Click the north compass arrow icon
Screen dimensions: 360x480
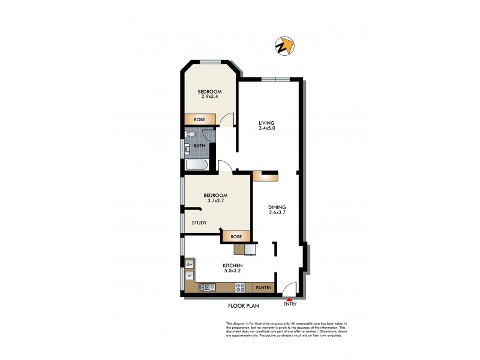click(x=285, y=46)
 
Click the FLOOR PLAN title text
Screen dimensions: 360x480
click(x=243, y=305)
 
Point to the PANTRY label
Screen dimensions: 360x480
click(x=263, y=288)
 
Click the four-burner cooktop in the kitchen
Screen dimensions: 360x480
click(x=241, y=288)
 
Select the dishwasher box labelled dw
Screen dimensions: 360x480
click(x=189, y=264)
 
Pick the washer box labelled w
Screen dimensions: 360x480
click(x=189, y=276)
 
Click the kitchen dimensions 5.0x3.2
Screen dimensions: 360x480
click(x=232, y=271)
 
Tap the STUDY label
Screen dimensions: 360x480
click(x=199, y=223)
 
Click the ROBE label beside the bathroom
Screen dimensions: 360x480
click(x=200, y=119)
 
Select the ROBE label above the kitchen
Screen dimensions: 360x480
click(x=236, y=236)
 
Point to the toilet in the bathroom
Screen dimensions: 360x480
click(x=189, y=134)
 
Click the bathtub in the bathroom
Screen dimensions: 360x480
click(x=196, y=166)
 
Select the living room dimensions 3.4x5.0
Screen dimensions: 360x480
click(x=267, y=127)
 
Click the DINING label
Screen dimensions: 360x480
click(x=277, y=208)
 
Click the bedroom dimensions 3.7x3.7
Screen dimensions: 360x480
click(x=215, y=201)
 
